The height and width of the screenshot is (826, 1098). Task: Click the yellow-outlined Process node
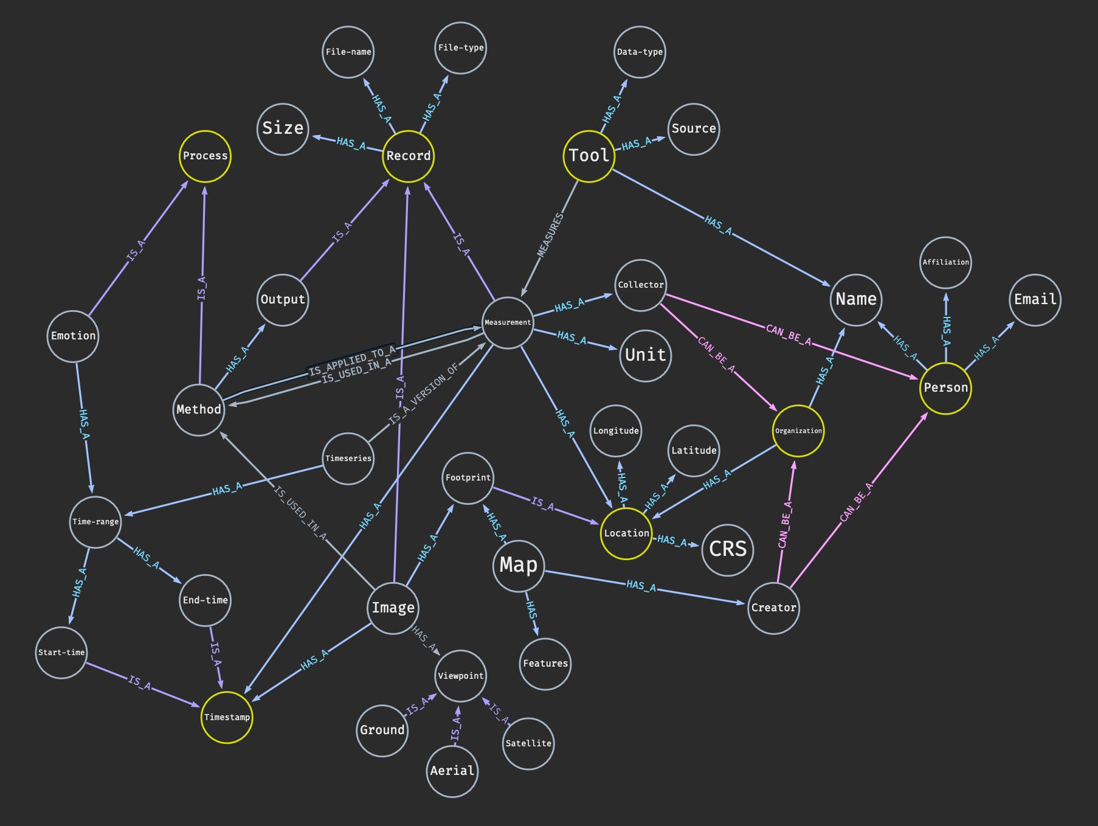205,156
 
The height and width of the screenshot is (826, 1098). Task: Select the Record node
409,156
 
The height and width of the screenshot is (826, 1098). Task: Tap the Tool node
589,156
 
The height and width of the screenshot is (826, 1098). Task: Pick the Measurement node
508,322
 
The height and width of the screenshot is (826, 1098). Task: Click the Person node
945,388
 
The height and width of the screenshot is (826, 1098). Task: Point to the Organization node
798,431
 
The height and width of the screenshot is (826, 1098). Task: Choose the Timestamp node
227,717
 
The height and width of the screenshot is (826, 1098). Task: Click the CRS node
728,549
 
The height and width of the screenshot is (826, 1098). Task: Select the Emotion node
73,336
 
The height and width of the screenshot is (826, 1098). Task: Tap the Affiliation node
945,262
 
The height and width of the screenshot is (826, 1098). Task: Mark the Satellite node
528,743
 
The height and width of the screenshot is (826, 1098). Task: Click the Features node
545,664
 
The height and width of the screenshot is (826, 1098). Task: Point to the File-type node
461,48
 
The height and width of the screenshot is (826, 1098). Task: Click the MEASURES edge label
550,234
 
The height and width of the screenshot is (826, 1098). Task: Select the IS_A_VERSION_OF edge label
423,395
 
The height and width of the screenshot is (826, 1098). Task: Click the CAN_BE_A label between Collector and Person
788,335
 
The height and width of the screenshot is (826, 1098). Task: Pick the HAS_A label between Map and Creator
641,586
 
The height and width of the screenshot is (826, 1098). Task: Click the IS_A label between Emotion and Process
136,251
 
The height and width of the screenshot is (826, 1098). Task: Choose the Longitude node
616,431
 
